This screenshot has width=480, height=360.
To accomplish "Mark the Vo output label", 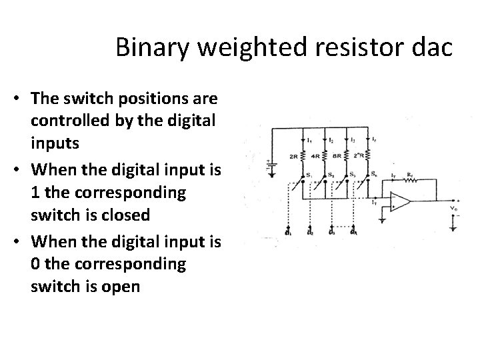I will [453, 208].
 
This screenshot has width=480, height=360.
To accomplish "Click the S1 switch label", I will [308, 175].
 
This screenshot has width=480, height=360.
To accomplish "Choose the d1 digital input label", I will [287, 233].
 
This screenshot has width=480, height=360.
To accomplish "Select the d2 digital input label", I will [309, 233].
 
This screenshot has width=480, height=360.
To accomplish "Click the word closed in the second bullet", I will [170, 216].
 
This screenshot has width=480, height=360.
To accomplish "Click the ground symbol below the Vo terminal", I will [453, 227].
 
